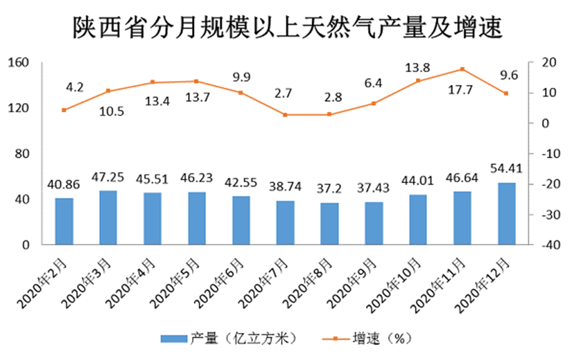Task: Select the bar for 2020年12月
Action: [506, 214]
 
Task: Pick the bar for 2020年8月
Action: [329, 223]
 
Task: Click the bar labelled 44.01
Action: [418, 220]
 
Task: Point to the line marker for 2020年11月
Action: [462, 69]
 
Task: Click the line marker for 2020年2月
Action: [64, 110]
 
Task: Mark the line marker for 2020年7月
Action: [285, 115]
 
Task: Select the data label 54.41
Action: [506, 169]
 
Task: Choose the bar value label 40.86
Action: [64, 185]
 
